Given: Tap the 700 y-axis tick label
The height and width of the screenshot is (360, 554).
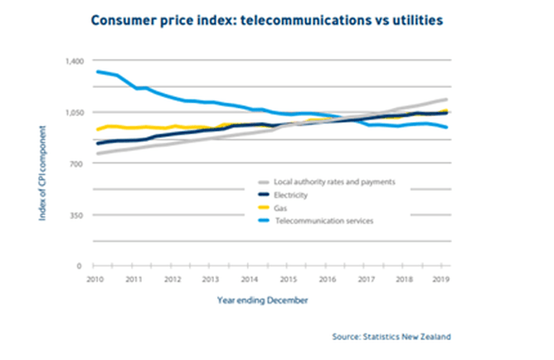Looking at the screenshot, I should [x=78, y=164].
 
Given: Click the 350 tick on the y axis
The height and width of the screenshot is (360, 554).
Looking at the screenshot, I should [x=78, y=216].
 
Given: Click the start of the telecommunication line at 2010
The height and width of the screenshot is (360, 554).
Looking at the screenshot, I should [x=98, y=72].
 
